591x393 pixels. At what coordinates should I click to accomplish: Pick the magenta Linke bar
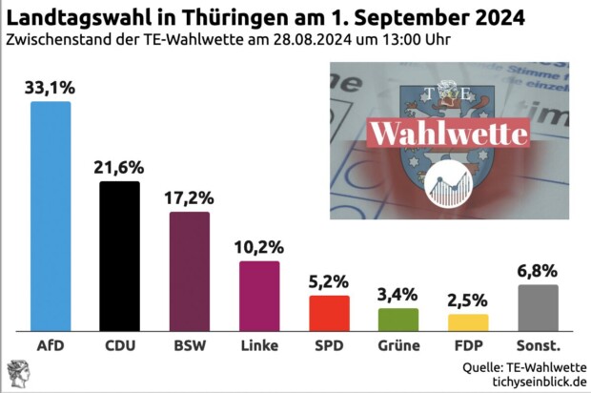259,295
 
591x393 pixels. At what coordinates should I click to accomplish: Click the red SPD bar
329,312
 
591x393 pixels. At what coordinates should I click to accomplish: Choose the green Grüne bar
398,319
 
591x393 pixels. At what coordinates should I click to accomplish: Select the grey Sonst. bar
538,306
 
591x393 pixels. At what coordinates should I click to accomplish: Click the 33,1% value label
50,88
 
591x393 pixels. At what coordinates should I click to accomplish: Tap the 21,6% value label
119,167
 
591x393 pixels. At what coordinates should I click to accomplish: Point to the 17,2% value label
189,197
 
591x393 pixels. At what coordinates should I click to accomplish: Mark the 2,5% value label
468,300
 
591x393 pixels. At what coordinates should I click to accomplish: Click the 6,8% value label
538,271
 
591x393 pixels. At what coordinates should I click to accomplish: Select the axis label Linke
259,344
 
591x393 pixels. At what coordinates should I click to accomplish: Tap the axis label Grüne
398,344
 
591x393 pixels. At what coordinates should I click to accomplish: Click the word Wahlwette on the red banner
448,133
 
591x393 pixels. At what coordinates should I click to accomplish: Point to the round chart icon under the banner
451,185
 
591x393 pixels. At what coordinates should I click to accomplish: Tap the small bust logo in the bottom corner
17,373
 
